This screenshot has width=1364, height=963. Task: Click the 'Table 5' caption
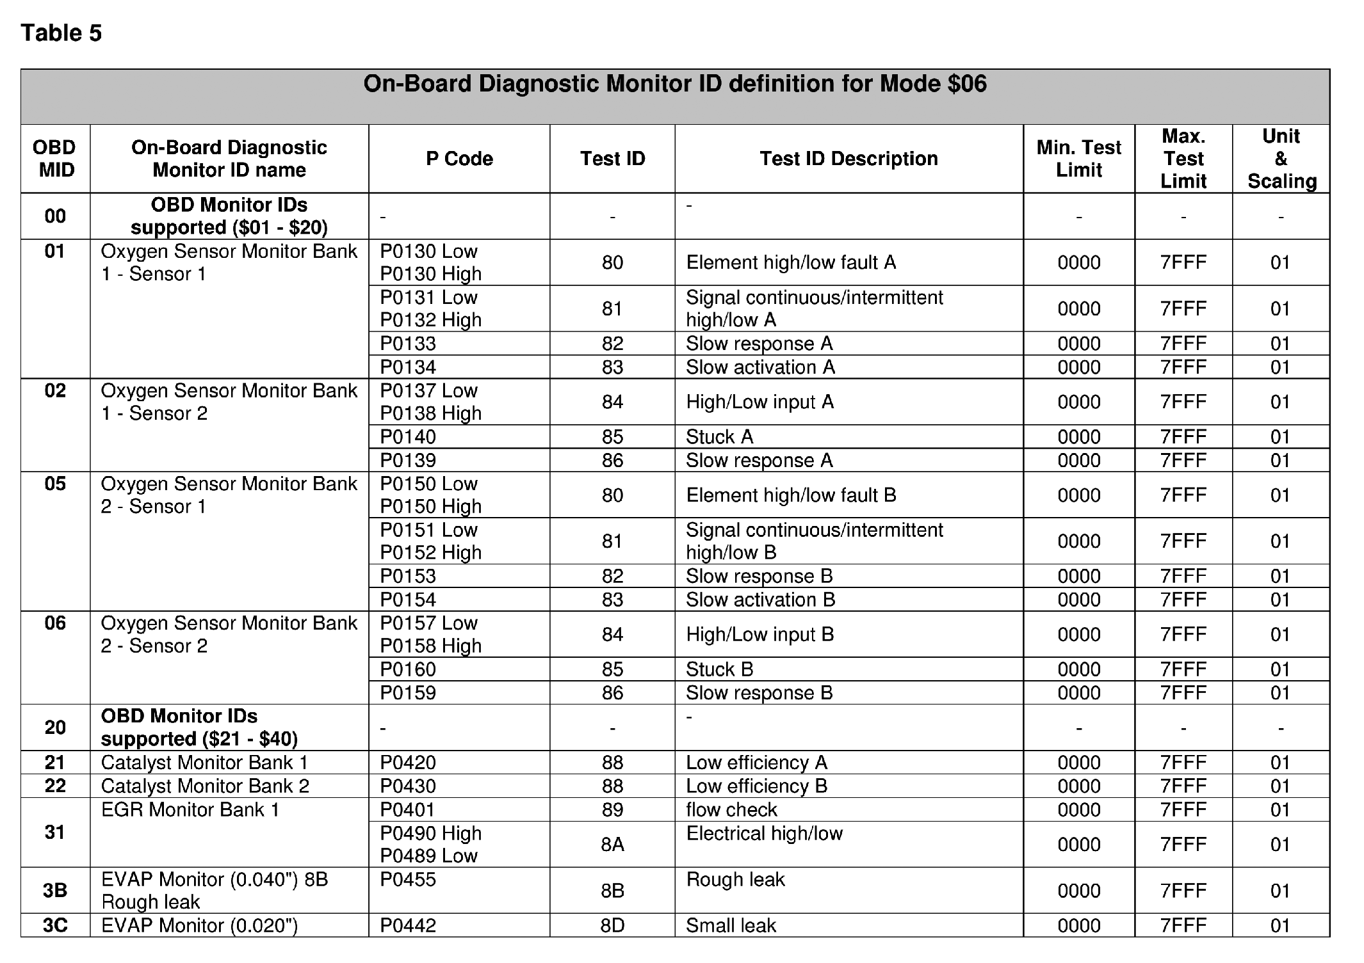click(61, 33)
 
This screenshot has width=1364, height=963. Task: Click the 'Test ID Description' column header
click(848, 159)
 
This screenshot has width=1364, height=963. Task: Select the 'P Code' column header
click(459, 159)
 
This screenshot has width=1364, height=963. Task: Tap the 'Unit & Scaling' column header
click(1281, 159)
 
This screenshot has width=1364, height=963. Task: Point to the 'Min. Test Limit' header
click(1078, 159)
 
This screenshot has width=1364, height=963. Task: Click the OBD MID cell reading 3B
click(55, 890)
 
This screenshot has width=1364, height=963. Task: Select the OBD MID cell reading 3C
click(55, 925)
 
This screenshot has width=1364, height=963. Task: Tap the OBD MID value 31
click(55, 832)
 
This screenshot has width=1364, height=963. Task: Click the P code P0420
click(408, 763)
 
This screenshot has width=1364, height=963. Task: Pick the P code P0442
click(408, 925)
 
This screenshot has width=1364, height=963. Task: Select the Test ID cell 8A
click(612, 845)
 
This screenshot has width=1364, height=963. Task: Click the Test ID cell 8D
click(612, 925)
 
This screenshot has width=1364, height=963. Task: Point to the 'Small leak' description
click(731, 925)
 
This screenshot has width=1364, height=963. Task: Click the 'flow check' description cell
click(731, 810)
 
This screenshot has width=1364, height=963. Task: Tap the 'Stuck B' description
click(719, 669)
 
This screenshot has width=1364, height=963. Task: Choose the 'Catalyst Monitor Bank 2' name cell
click(205, 786)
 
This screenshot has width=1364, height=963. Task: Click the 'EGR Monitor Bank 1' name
click(190, 810)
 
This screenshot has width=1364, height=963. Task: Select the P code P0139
click(408, 461)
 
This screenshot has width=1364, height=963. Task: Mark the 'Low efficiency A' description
click(756, 763)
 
